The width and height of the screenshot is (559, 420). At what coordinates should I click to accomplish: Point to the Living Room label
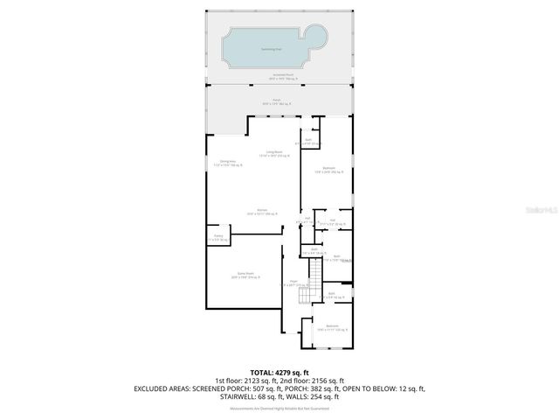(277, 154)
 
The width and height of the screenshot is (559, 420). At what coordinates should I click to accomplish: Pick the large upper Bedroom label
(329, 170)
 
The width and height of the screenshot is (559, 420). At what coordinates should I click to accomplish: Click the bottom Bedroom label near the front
(332, 327)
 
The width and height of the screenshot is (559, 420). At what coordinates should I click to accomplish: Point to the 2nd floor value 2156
(335, 381)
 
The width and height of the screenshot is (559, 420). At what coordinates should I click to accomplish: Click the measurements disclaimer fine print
(279, 407)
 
